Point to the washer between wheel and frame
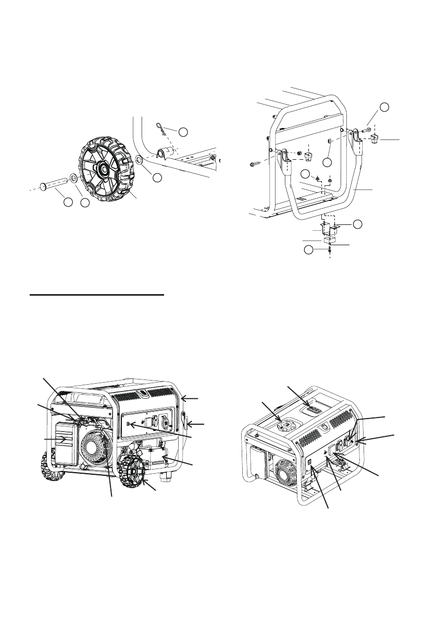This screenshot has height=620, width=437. click(139, 159)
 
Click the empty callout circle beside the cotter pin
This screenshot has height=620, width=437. click(183, 132)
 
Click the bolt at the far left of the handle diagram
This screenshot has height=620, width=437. click(254, 165)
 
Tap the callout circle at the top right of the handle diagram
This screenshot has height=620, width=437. click(384, 107)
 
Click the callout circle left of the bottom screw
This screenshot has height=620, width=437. click(309, 251)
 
